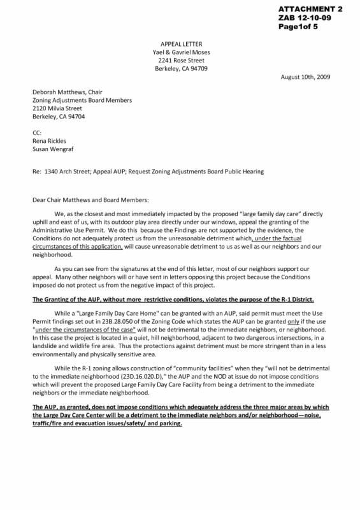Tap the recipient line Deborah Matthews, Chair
pos(67,92)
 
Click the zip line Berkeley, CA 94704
pos(59,117)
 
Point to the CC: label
pos(37,133)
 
